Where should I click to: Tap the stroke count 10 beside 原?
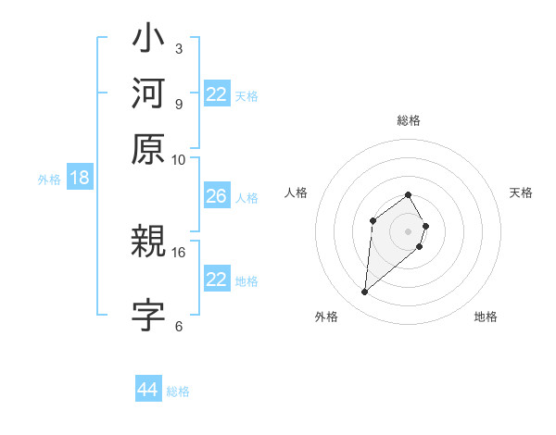click(179, 158)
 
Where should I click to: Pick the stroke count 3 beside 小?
click(179, 48)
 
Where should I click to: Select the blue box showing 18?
click(80, 178)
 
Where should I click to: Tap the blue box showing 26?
click(216, 196)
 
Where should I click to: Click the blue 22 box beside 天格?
click(216, 94)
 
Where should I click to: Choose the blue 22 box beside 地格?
click(216, 280)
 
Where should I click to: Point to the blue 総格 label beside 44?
click(178, 391)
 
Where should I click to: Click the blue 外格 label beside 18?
click(49, 180)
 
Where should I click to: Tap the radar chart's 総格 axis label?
click(408, 120)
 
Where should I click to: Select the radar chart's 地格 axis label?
click(486, 317)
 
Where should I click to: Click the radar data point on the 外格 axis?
click(364, 292)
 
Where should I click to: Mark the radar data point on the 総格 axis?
click(408, 194)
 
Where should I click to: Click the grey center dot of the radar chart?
click(408, 230)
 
